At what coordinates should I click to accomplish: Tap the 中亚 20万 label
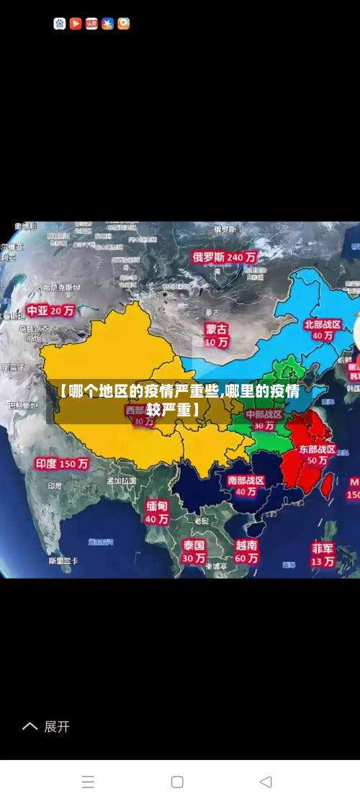click(x=50, y=311)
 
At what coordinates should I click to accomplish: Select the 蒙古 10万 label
click(x=216, y=335)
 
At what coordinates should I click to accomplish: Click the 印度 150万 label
click(x=62, y=464)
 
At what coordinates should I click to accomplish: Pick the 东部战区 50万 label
click(x=318, y=454)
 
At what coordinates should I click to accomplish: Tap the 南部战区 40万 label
click(x=246, y=486)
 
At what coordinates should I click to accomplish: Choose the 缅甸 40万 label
click(x=157, y=512)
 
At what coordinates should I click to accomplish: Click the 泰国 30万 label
click(x=194, y=550)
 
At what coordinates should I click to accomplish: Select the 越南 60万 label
click(x=246, y=550)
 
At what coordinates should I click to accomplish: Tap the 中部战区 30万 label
click(x=264, y=420)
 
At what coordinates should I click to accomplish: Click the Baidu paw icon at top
click(x=60, y=24)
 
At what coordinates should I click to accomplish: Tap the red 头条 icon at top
click(x=91, y=24)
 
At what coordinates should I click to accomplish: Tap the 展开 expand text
click(x=57, y=727)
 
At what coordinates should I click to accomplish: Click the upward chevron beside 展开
click(x=30, y=727)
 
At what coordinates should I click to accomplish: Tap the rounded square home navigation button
click(x=177, y=782)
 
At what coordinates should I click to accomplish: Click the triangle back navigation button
click(x=266, y=782)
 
